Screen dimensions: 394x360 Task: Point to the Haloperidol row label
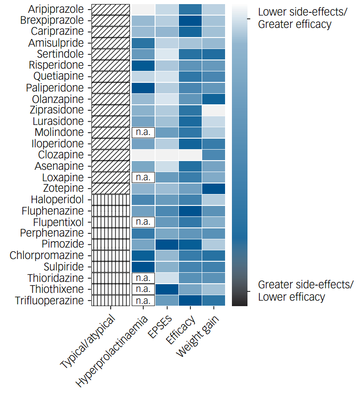(57, 200)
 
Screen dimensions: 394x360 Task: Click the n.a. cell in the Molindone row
(143, 132)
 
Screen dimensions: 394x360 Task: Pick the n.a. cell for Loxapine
(143, 177)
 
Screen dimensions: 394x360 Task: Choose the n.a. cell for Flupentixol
(143, 222)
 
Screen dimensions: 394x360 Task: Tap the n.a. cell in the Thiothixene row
(143, 289)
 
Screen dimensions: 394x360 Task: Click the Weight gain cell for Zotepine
(213, 188)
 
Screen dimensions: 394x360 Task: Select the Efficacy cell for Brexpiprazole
(189, 20)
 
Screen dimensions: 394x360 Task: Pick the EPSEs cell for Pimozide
(166, 244)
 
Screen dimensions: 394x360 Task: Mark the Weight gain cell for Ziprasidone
(213, 110)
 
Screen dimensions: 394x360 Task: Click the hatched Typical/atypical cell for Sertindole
(110, 54)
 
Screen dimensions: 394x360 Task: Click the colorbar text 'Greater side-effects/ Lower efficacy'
(305, 291)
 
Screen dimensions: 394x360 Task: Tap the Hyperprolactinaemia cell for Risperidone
(143, 65)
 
